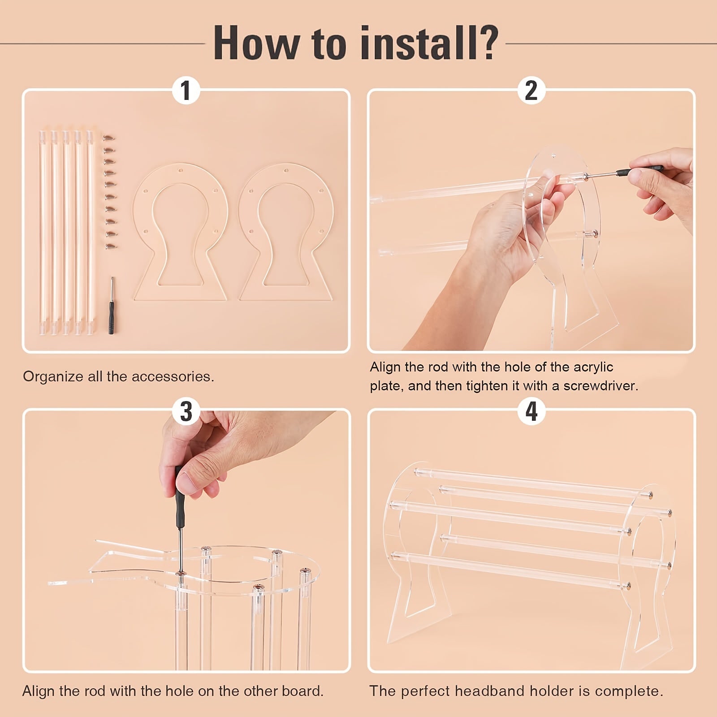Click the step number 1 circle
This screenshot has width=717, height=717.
[186, 91]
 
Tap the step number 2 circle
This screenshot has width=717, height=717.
[531, 91]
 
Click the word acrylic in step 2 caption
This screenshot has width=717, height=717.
[592, 367]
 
